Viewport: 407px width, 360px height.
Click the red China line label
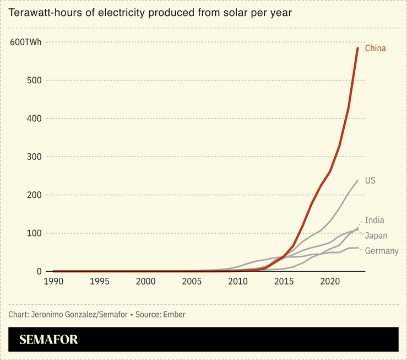376,49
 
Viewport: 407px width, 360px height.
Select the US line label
370,181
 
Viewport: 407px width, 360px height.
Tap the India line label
375,221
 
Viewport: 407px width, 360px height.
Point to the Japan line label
376,236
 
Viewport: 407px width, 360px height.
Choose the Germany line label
382,251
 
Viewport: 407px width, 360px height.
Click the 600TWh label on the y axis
26,42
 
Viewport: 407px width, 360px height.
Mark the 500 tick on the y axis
35,80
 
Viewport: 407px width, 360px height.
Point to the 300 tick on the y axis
35,157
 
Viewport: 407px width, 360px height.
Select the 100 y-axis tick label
35,233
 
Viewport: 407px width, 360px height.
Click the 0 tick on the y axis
39,271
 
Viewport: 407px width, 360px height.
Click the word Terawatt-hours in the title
46,12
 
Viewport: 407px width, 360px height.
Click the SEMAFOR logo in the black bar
48,340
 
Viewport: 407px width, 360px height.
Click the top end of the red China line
357,48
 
